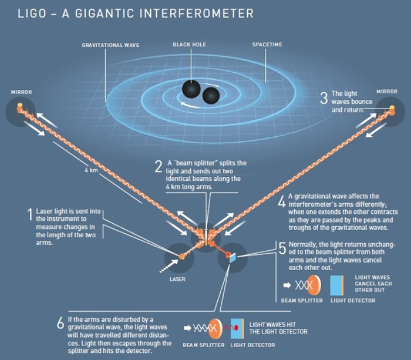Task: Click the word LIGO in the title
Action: click(32, 14)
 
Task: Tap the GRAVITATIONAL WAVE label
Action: click(110, 45)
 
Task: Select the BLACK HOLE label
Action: click(190, 45)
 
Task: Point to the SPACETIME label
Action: click(267, 45)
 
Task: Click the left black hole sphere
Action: click(191, 89)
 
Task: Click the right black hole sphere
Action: click(211, 96)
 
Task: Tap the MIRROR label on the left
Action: click(22, 92)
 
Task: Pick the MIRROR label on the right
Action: click(387, 92)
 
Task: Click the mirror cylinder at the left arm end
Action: click(20, 107)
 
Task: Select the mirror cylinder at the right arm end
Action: click(392, 110)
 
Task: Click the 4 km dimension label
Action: click(91, 170)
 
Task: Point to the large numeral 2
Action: click(159, 166)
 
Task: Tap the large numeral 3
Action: click(324, 98)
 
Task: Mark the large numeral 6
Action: click(60, 322)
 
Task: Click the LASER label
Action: click(177, 279)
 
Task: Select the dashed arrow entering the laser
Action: click(169, 266)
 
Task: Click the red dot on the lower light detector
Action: click(235, 328)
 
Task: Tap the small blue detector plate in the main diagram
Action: click(233, 258)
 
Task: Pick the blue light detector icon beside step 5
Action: click(337, 285)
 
